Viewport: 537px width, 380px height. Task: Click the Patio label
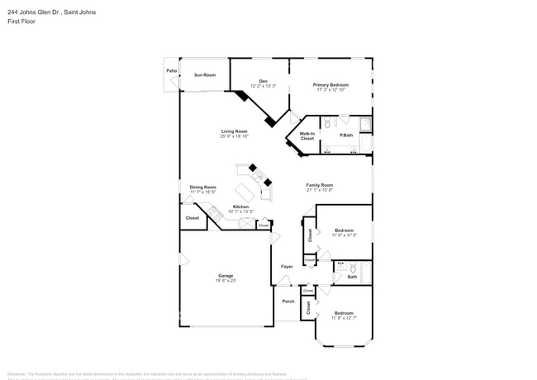click(172, 71)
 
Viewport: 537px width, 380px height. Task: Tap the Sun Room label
click(205, 75)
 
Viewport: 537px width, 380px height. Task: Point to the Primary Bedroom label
click(330, 84)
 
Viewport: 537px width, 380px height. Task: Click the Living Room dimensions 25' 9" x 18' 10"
click(234, 136)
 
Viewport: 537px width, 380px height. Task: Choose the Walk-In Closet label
click(307, 135)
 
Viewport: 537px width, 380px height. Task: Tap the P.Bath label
click(346, 135)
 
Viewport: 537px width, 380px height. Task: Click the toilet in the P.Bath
click(328, 123)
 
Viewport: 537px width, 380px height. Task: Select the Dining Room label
click(202, 187)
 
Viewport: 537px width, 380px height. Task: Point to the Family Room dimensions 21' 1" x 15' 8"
click(320, 190)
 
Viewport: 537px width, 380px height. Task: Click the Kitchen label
click(240, 207)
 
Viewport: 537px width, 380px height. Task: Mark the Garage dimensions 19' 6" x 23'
click(226, 281)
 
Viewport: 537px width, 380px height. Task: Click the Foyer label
click(287, 267)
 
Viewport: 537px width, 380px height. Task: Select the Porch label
click(288, 301)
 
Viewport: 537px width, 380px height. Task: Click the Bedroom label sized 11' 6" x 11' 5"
click(345, 230)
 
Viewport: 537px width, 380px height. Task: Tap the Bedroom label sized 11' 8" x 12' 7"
click(344, 313)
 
